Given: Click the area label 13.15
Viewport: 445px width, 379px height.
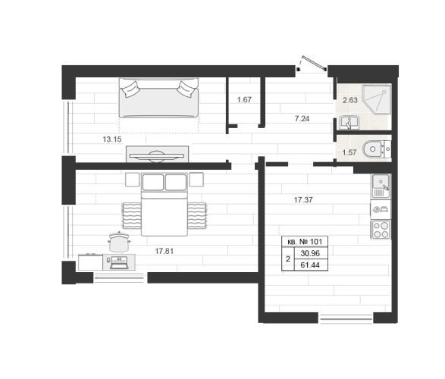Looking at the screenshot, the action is pos(112,139).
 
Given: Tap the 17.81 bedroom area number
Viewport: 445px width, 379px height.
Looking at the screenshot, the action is pos(165,251).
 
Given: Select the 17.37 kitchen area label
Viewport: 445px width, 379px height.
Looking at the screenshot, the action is pos(303,200).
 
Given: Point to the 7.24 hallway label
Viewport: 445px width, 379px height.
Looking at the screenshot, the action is pos(302,118).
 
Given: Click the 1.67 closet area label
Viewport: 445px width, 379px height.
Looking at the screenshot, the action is pos(244,99).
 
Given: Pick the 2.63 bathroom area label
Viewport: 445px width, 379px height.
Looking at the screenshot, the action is pos(350,100).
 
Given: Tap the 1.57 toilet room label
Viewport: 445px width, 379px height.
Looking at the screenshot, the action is pos(349,152).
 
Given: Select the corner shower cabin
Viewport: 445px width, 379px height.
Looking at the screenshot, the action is pos(377,99).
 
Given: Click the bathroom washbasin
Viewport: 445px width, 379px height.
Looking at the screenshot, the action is pos(349,123).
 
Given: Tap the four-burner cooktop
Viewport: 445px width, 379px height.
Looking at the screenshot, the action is pos(381,230).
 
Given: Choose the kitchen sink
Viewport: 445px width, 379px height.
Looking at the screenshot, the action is pos(381,186).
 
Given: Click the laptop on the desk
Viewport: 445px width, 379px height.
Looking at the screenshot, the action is pos(119,262).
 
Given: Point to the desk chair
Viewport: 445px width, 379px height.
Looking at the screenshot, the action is pos(119,242).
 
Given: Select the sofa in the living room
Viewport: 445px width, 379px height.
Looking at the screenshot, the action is pos(158,98).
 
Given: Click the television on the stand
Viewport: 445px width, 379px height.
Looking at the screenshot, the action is pos(157,155).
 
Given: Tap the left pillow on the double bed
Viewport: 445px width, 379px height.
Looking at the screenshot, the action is pos(153,182).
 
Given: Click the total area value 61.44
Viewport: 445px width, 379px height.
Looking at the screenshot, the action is pos(310,265).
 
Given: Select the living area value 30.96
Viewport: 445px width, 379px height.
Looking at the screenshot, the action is pos(310,253).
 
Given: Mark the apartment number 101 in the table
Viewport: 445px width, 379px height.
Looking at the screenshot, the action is pos(316,242).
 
